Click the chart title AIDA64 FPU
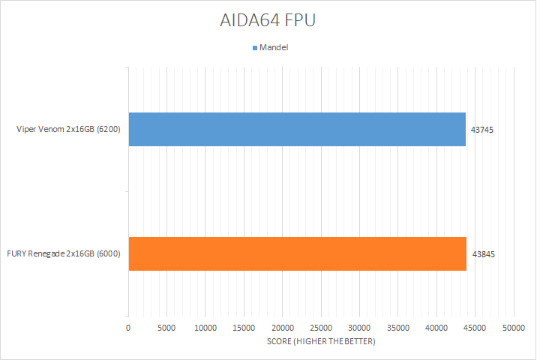pyautogui.click(x=269, y=20)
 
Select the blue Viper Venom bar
pyautogui.click(x=297, y=129)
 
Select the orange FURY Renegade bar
pyautogui.click(x=297, y=253)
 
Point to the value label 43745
pyautogui.click(x=482, y=130)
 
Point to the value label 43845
pyautogui.click(x=483, y=254)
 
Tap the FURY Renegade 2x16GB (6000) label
pyautogui.click(x=64, y=254)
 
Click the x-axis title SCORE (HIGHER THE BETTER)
pyautogui.click(x=321, y=342)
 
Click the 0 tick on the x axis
pyautogui.click(x=129, y=328)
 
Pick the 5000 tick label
pyautogui.click(x=166, y=328)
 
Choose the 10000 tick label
pyautogui.click(x=205, y=328)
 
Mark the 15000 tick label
pyautogui.click(x=244, y=328)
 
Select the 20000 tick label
pyautogui.click(x=283, y=328)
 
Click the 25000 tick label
pyautogui.click(x=321, y=328)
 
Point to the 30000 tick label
pyautogui.click(x=359, y=328)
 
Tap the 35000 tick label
pyautogui.click(x=398, y=328)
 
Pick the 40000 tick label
pyautogui.click(x=436, y=328)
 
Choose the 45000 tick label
pyautogui.click(x=475, y=328)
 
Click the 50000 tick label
pyautogui.click(x=514, y=328)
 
